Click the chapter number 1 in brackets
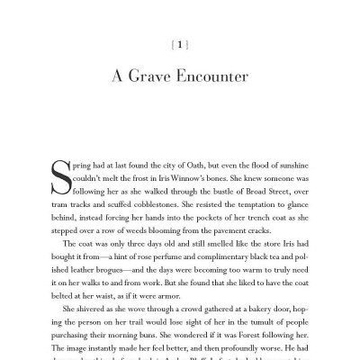coord(180,43)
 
